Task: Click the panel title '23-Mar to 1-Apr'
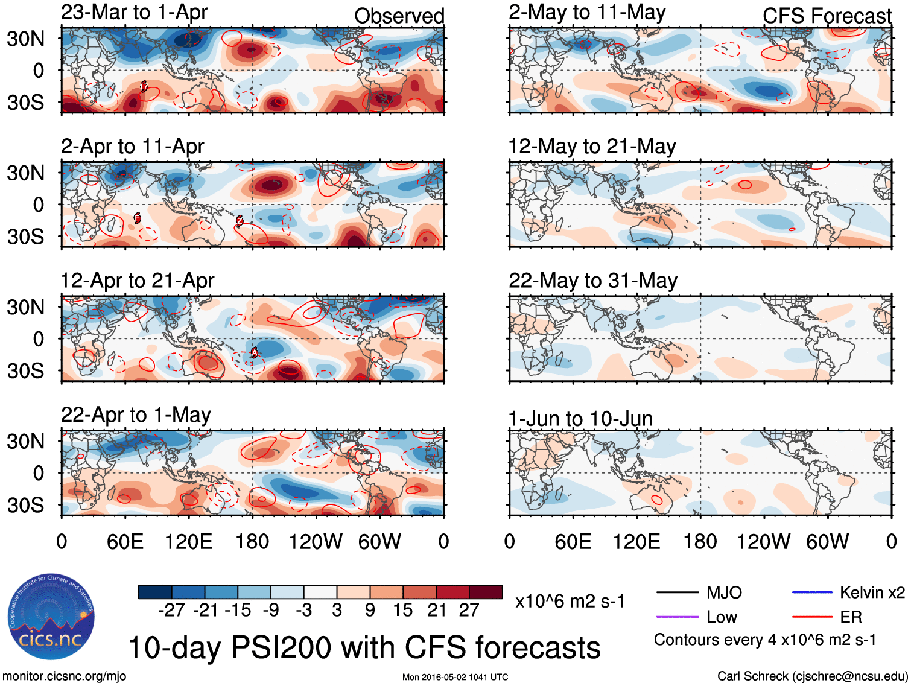click(134, 12)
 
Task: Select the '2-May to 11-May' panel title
click(587, 12)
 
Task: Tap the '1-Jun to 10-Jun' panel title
click(580, 418)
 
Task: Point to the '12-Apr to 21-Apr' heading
click(137, 281)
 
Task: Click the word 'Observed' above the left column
click(399, 16)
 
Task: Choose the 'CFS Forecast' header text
click(827, 16)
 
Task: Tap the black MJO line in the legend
click(677, 592)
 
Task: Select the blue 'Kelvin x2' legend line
click(811, 592)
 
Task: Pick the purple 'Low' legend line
click(677, 617)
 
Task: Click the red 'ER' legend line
click(811, 617)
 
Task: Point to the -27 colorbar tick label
click(171, 610)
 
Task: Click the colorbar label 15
click(402, 610)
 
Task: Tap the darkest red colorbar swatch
click(486, 592)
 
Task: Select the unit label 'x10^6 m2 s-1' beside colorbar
click(570, 601)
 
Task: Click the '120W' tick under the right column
click(763, 541)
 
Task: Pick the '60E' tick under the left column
click(125, 541)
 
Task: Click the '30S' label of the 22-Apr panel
click(25, 504)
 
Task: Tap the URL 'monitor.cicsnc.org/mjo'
click(64, 676)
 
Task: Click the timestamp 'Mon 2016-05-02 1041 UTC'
click(455, 677)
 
